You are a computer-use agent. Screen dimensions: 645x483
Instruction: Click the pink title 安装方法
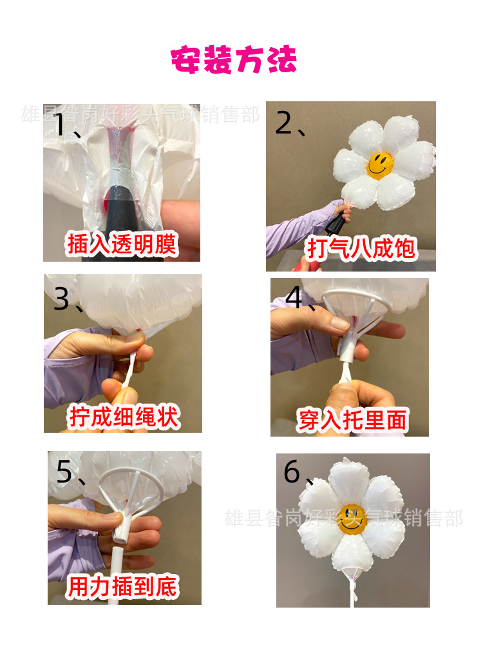(x=233, y=61)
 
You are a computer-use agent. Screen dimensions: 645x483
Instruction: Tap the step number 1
(x=60, y=125)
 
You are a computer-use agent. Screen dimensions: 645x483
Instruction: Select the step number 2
(x=284, y=123)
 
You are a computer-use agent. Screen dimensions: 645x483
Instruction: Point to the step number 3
(x=61, y=299)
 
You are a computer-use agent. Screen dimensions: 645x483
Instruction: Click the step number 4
(x=294, y=297)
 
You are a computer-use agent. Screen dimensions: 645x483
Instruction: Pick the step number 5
(x=64, y=472)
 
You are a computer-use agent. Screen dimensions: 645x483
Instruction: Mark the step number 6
(x=292, y=473)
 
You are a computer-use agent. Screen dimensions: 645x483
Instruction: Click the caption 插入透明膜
(x=122, y=244)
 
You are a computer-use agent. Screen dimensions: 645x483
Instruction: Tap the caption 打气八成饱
(x=361, y=248)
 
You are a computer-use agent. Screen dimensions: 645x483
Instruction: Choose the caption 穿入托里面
(x=352, y=420)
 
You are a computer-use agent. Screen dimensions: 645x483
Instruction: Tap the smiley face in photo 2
(x=380, y=164)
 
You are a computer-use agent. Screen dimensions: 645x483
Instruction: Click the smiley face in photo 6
(x=352, y=519)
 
